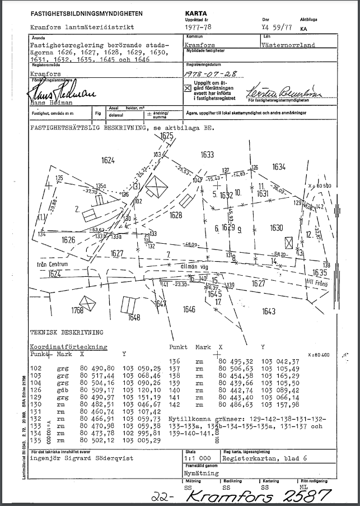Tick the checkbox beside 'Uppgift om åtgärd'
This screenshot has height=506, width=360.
(187, 88)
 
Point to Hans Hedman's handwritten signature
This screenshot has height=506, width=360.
(57, 91)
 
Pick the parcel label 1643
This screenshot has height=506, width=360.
(268, 312)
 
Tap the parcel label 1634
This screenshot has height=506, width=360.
(279, 166)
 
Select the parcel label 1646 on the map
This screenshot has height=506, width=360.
(189, 309)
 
